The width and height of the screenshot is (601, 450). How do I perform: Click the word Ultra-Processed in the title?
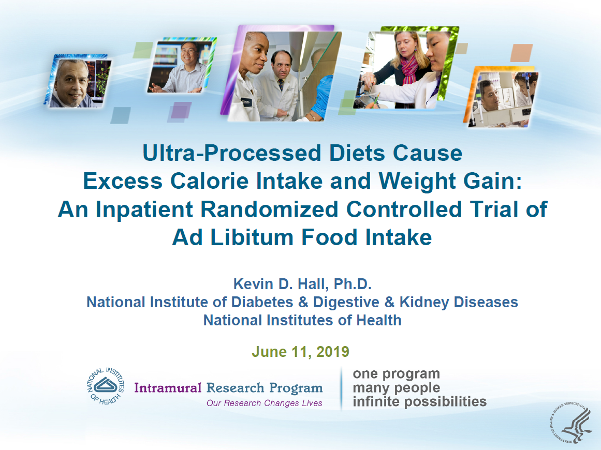pyautogui.click(x=232, y=153)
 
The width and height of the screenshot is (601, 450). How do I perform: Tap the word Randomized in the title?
pyautogui.click(x=269, y=209)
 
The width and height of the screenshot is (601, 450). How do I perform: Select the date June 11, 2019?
pyautogui.click(x=300, y=352)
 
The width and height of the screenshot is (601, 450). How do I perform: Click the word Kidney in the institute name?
pyautogui.click(x=424, y=303)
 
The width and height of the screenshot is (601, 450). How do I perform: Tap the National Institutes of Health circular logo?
pyautogui.click(x=106, y=386)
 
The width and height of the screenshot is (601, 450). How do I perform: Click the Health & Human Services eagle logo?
pyautogui.click(x=570, y=423)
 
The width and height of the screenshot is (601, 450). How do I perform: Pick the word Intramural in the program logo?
pyautogui.click(x=168, y=387)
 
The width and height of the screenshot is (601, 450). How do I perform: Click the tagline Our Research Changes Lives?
pyautogui.click(x=265, y=403)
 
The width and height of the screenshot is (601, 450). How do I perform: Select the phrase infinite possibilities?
pyautogui.click(x=420, y=402)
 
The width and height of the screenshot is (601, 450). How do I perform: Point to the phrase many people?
pyautogui.click(x=397, y=388)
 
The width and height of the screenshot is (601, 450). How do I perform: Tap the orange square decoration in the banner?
pyautogui.click(x=521, y=53)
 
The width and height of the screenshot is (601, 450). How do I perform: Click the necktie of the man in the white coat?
pyautogui.click(x=281, y=85)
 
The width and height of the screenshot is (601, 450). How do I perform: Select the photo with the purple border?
pyautogui.click(x=281, y=73)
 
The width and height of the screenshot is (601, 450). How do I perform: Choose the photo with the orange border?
pyautogui.click(x=501, y=97)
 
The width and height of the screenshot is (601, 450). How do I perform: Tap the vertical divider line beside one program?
pyautogui.click(x=341, y=389)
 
